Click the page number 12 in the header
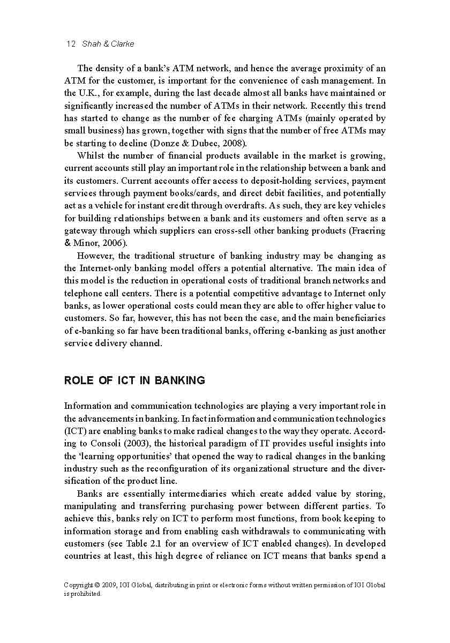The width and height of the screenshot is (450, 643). pos(70,44)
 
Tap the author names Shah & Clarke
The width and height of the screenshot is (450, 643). pos(108,44)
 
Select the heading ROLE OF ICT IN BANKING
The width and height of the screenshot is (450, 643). pos(134,380)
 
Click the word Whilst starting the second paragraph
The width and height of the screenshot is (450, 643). pos(91,156)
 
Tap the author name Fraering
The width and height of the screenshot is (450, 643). pos(367,231)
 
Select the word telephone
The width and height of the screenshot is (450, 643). pos(84,293)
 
